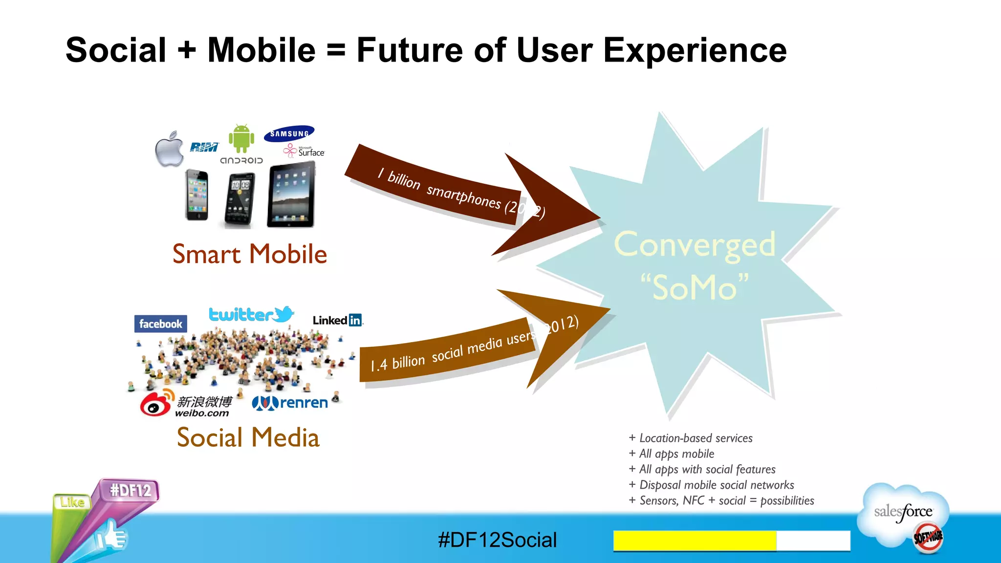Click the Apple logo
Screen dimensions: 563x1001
coord(169,150)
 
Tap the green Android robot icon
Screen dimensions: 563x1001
coord(241,139)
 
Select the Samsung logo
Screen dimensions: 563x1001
coord(289,133)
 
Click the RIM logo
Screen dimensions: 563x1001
coord(204,147)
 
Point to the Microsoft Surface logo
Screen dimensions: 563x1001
coord(304,151)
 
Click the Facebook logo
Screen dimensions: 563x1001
coord(160,324)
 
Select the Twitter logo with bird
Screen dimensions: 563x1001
coord(251,314)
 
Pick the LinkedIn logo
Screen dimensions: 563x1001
coord(338,320)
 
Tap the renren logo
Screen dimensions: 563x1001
coord(290,403)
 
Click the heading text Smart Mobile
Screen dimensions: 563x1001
coord(249,254)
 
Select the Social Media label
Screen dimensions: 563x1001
coord(248,437)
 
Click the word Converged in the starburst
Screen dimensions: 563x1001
coord(695,244)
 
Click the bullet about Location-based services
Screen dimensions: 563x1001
coord(691,438)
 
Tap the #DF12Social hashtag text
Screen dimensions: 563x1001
coord(497,540)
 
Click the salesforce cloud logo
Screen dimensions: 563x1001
coord(903,513)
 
